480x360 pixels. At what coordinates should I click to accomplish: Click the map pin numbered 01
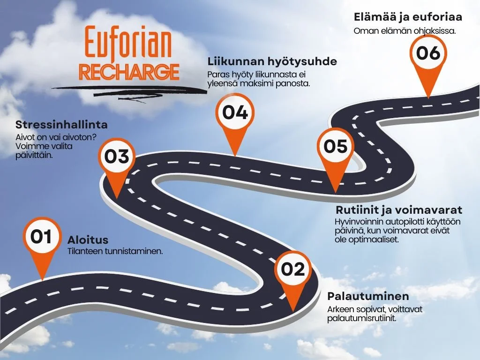coord(41,238)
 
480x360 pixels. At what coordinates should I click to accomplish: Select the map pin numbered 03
coord(117,157)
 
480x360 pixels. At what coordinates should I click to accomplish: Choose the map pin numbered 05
coord(336,146)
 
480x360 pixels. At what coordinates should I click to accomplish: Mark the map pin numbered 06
coord(428,53)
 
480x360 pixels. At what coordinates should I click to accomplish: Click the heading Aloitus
coord(88,240)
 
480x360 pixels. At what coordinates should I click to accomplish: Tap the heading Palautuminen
coord(368,296)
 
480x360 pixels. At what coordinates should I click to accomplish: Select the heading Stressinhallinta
coord(61,125)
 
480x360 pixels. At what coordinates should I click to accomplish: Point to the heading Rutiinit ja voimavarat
coord(399,210)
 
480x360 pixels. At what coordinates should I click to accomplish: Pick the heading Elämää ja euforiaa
coord(407,17)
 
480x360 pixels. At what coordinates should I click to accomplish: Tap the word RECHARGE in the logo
coord(129,72)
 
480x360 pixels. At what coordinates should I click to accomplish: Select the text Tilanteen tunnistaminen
coord(115,252)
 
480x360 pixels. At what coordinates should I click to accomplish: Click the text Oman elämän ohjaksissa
coord(405,31)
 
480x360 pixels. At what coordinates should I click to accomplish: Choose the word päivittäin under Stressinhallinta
coord(34,155)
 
